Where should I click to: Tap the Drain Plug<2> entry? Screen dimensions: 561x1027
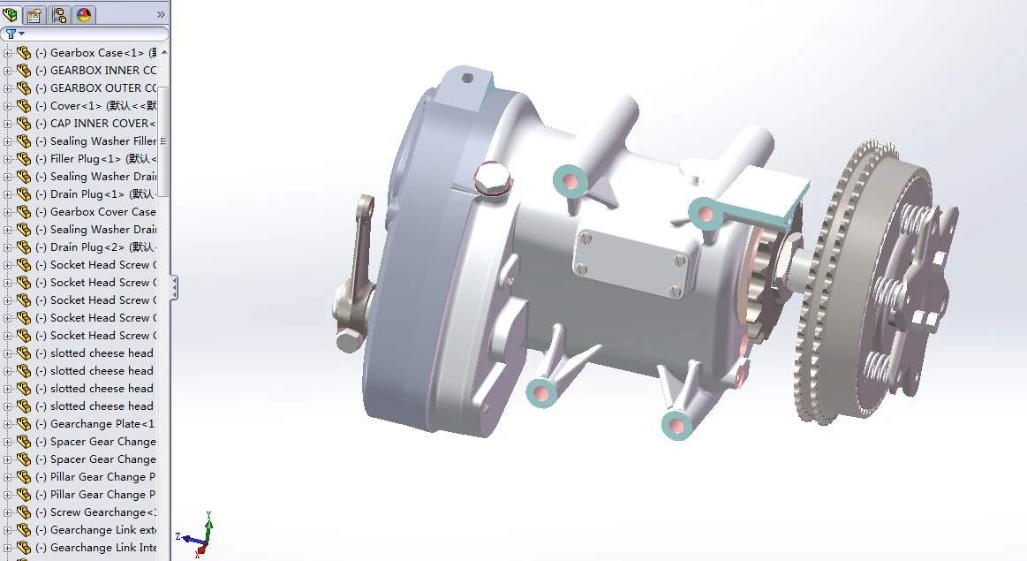pyautogui.click(x=88, y=247)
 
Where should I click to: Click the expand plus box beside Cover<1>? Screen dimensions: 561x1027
pyautogui.click(x=8, y=106)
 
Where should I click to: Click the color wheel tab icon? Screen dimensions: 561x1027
pyautogui.click(x=84, y=15)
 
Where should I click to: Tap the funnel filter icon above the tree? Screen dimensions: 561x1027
pyautogui.click(x=11, y=34)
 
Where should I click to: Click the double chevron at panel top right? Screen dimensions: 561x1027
pyautogui.click(x=161, y=15)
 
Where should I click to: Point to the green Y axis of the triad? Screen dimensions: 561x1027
pyautogui.click(x=208, y=521)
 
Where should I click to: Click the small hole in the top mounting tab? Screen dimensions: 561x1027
pyautogui.click(x=468, y=79)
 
